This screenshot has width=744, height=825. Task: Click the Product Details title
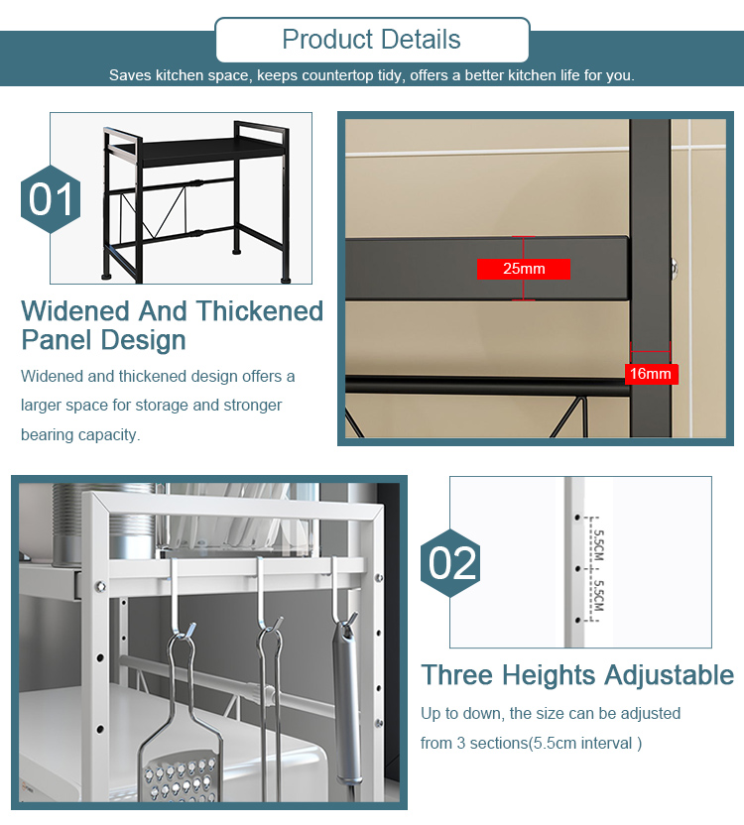coord(371,40)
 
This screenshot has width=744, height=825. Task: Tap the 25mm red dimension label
coord(524,269)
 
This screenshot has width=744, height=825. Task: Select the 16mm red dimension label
coord(651,374)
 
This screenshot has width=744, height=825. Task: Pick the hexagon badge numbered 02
coord(451,563)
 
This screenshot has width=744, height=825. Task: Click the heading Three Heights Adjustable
coord(577,675)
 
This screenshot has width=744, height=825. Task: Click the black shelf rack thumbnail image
coord(181,197)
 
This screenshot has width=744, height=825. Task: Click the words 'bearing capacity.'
coord(80,434)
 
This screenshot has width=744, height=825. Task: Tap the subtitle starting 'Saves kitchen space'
coord(371,75)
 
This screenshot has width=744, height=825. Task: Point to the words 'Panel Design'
coord(103,340)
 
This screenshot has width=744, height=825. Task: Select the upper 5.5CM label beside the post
coord(599,543)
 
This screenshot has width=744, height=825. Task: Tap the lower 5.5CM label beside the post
coord(599,593)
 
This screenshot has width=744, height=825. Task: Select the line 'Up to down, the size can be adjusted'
coord(550,713)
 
